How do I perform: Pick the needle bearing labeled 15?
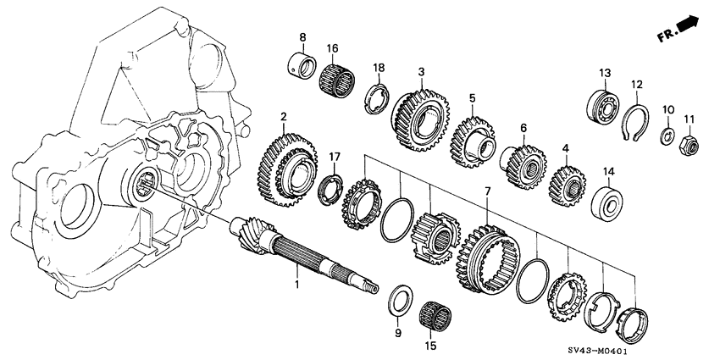[435, 319]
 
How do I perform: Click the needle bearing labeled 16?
[335, 81]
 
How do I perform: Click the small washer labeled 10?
[667, 137]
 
